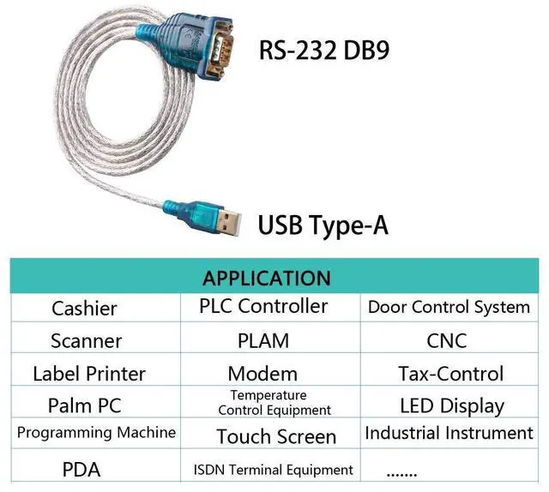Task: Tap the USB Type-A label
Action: [323, 225]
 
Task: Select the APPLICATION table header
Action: [267, 278]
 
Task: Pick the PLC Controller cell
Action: [263, 306]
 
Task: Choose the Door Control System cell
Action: [449, 307]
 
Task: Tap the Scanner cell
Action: [86, 340]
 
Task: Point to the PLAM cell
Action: [263, 340]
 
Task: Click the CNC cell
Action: [447, 340]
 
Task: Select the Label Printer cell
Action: [89, 374]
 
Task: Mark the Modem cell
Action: [262, 374]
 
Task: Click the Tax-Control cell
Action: [450, 374]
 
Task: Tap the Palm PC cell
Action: [83, 404]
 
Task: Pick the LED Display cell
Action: [452, 405]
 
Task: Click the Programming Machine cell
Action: [96, 432]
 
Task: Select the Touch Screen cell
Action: [276, 436]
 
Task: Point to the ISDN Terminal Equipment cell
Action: [274, 470]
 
